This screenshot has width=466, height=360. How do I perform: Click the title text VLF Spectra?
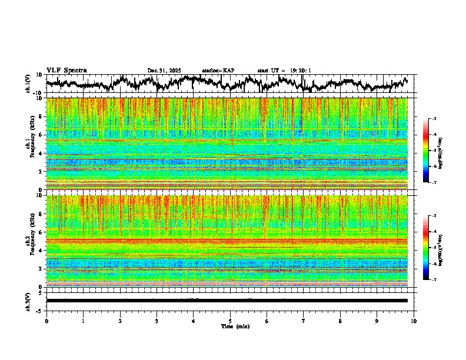pyautogui.click(x=66, y=71)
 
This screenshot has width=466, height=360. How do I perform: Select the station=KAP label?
pyautogui.click(x=218, y=71)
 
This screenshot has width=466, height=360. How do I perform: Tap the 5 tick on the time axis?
pyautogui.click(x=230, y=321)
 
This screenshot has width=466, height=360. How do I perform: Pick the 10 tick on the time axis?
pyautogui.click(x=414, y=321)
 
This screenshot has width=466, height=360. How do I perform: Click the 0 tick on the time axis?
pyautogui.click(x=46, y=321)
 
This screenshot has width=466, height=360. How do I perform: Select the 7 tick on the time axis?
pyautogui.click(x=304, y=321)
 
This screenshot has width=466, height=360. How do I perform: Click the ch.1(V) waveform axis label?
pyautogui.click(x=28, y=84)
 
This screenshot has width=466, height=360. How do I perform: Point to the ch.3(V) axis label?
pyautogui.click(x=28, y=300)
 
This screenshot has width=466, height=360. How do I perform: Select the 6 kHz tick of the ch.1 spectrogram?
pyautogui.click(x=41, y=135)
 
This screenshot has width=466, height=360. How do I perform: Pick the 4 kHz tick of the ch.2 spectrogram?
pyautogui.click(x=41, y=250)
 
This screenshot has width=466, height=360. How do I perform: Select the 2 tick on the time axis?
pyautogui.click(x=120, y=321)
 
